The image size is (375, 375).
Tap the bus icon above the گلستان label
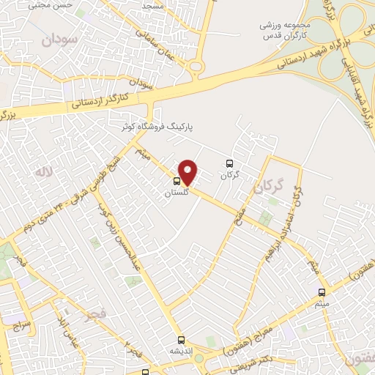tap(177, 181)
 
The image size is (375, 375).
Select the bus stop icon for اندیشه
tap(181, 340)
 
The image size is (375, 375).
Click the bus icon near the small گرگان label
tap(230, 164)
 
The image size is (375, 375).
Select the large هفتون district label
tap(358, 359)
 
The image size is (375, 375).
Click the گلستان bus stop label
tap(177, 192)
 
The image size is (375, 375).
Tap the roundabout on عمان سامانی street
tap(196, 67)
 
